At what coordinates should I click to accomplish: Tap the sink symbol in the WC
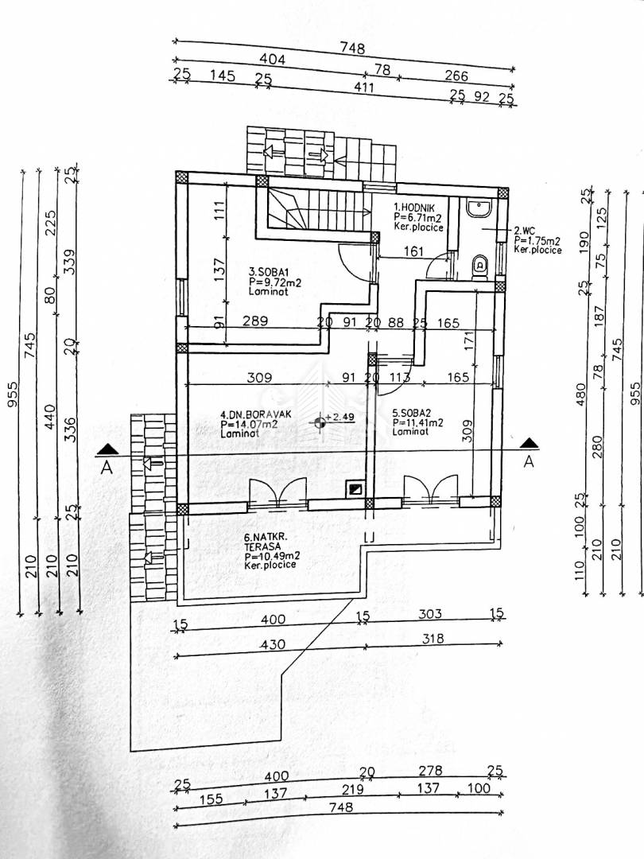[480, 209]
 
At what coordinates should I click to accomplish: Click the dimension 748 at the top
[352, 49]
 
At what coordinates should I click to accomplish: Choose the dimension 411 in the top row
[363, 87]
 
